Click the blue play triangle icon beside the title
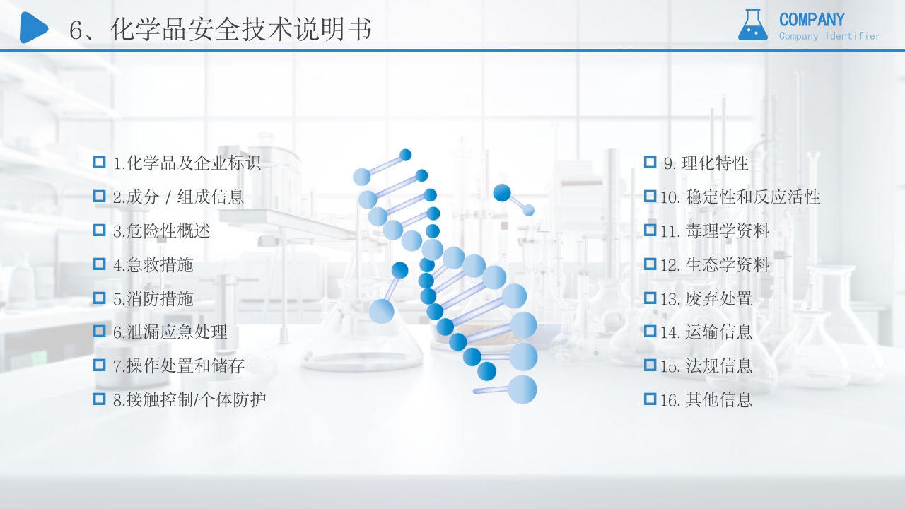(33, 28)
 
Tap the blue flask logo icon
(752, 25)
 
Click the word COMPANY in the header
(812, 19)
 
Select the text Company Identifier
(829, 36)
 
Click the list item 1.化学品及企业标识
(187, 163)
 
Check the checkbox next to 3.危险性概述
(100, 230)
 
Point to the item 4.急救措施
(153, 265)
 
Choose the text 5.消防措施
(153, 299)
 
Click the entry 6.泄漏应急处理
(170, 332)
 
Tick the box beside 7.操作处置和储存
(100, 365)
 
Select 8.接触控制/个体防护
(189, 400)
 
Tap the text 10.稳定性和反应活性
(740, 197)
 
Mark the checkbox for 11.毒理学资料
(650, 230)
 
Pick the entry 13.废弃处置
(706, 299)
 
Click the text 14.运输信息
(706, 332)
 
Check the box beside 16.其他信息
(650, 399)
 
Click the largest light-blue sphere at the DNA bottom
(522, 390)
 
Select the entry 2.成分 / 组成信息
(178, 197)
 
